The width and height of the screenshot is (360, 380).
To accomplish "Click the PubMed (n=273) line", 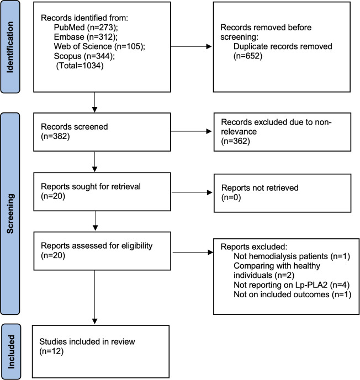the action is tap(86, 28).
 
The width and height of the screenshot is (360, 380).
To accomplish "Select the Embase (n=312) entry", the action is tap(86, 37).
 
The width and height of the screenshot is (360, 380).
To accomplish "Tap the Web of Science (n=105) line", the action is tap(99, 46).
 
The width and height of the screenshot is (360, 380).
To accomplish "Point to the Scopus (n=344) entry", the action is tap(84, 56).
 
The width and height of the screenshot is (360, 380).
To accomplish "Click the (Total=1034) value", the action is tap(80, 66).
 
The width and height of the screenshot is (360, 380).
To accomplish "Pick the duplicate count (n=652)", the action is tap(248, 56).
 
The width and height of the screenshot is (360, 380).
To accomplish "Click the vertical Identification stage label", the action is tap(10, 47).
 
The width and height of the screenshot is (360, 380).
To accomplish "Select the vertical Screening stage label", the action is tap(10, 214).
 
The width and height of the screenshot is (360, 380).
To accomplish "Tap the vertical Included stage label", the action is tap(11, 352).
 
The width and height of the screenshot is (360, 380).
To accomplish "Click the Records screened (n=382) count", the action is tap(55, 136).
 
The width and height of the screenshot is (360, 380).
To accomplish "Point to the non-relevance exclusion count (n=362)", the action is tap(236, 141).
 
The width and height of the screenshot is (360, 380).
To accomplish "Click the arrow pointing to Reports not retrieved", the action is tap(192, 192).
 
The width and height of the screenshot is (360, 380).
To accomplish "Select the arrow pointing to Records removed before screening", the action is tap(191, 46).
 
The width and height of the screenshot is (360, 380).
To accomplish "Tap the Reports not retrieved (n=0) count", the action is tap(231, 197).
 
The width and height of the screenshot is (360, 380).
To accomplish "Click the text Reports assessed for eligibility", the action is tap(97, 246).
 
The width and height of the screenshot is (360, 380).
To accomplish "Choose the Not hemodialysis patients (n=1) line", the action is tap(292, 256).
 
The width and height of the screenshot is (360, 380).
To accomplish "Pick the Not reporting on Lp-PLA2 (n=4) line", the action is tap(292, 285).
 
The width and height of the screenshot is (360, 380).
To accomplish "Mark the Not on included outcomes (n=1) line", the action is tap(293, 295).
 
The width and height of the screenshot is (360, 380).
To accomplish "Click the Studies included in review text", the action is tap(87, 342).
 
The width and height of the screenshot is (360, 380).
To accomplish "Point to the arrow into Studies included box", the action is tap(94, 297).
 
